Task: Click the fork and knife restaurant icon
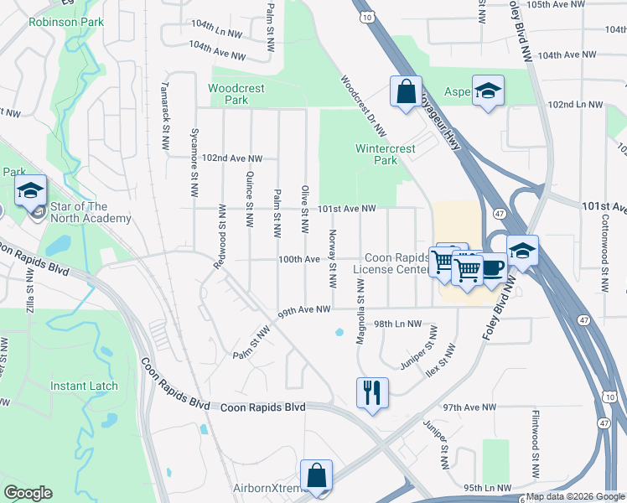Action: [x=371, y=392]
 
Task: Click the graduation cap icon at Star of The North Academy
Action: [x=30, y=192]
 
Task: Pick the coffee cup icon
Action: [x=493, y=268]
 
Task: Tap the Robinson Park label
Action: [x=66, y=22]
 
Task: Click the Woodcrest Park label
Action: [x=228, y=94]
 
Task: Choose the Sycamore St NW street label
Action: [x=194, y=157]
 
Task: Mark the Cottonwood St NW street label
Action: [x=604, y=262]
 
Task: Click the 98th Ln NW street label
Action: [x=396, y=324]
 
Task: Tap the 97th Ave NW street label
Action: [x=470, y=407]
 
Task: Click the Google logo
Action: [x=28, y=493]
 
